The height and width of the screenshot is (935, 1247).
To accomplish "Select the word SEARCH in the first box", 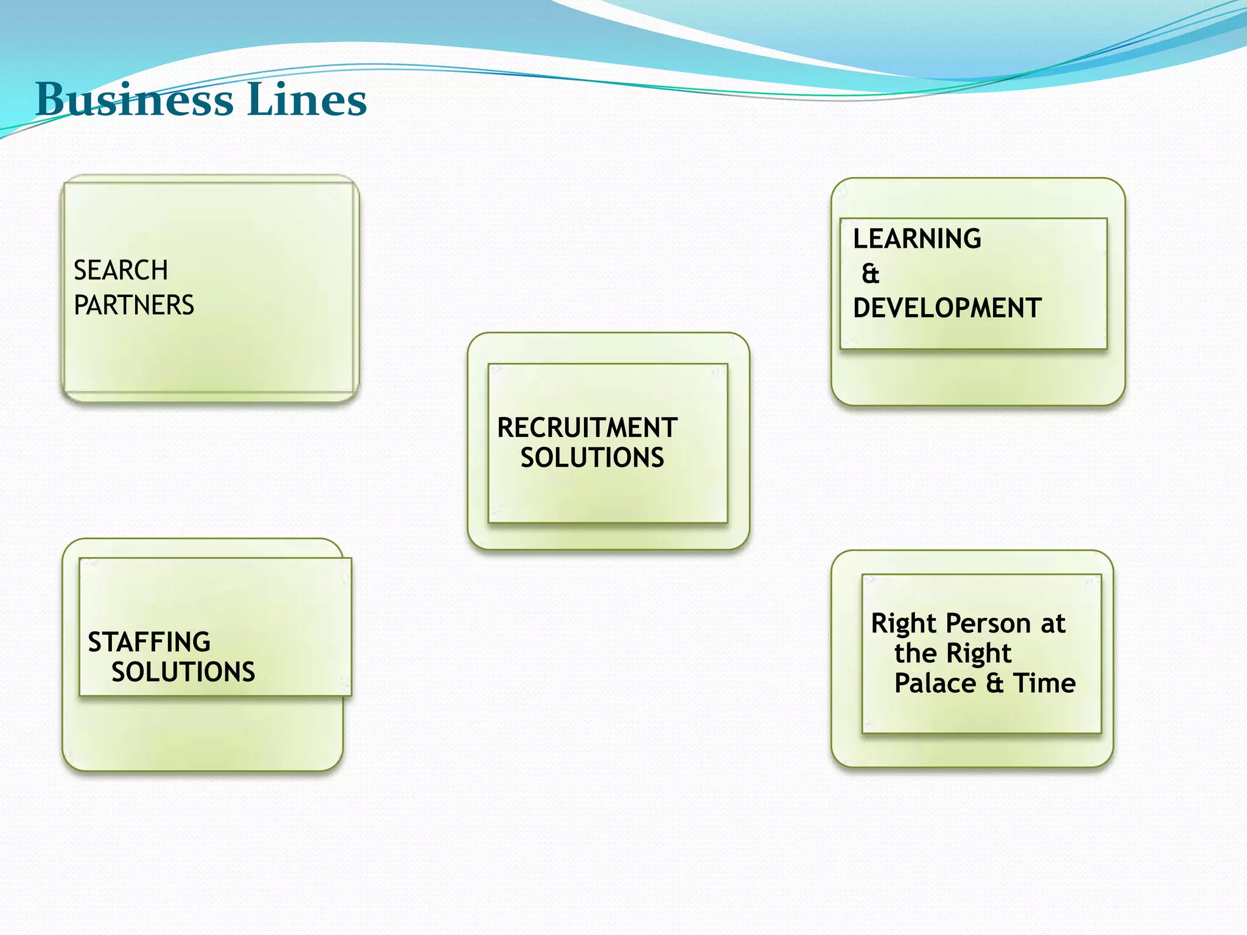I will click(121, 270).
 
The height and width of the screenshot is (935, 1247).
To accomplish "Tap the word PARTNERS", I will click(134, 305).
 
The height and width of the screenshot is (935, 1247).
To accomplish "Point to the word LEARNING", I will click(917, 239).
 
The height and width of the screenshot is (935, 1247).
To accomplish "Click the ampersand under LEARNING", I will click(871, 274).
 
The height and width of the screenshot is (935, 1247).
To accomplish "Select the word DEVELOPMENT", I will click(947, 308).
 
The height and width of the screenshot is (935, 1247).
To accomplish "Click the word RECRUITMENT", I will click(587, 427).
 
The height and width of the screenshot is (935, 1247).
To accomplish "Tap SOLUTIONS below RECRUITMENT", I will click(592, 458).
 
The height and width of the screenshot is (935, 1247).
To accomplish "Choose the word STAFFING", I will click(149, 642).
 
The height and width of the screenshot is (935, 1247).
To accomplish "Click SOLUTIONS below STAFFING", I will click(183, 672).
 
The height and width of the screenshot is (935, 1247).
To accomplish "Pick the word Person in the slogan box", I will click(988, 623).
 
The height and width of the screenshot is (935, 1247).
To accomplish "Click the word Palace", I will click(935, 683).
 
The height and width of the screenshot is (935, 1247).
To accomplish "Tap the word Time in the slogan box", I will click(1044, 683).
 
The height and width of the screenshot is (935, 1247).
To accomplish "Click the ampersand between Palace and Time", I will click(995, 683).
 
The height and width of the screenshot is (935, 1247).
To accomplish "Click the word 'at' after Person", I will click(1053, 623).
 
